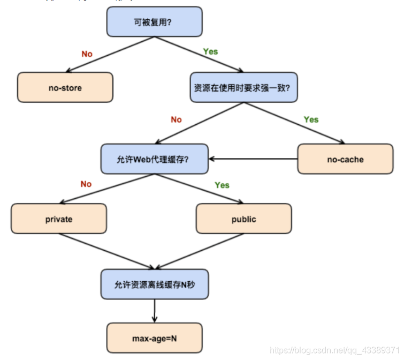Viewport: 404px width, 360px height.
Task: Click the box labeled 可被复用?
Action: (x=155, y=22)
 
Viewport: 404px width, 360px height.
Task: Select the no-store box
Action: (x=65, y=87)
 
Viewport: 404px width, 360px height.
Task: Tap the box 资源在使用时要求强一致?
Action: (x=243, y=87)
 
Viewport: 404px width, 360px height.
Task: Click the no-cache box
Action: (x=345, y=159)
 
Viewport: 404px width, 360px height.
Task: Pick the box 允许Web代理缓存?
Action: (x=155, y=159)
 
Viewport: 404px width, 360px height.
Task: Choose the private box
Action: (x=59, y=219)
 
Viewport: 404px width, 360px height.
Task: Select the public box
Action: (x=244, y=219)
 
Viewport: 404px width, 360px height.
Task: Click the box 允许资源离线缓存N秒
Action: (x=155, y=284)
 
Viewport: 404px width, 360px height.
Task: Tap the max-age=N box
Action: (x=155, y=338)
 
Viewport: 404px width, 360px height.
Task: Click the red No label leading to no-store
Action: (x=87, y=54)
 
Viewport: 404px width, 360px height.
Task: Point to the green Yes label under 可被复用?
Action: (x=210, y=51)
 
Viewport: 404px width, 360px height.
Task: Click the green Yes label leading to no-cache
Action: (x=311, y=119)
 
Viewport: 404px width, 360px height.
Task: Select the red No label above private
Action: (x=86, y=184)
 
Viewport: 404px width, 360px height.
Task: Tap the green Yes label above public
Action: (x=222, y=185)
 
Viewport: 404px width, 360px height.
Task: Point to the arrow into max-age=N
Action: (x=155, y=311)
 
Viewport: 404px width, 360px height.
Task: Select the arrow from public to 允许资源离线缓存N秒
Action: (x=201, y=251)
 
